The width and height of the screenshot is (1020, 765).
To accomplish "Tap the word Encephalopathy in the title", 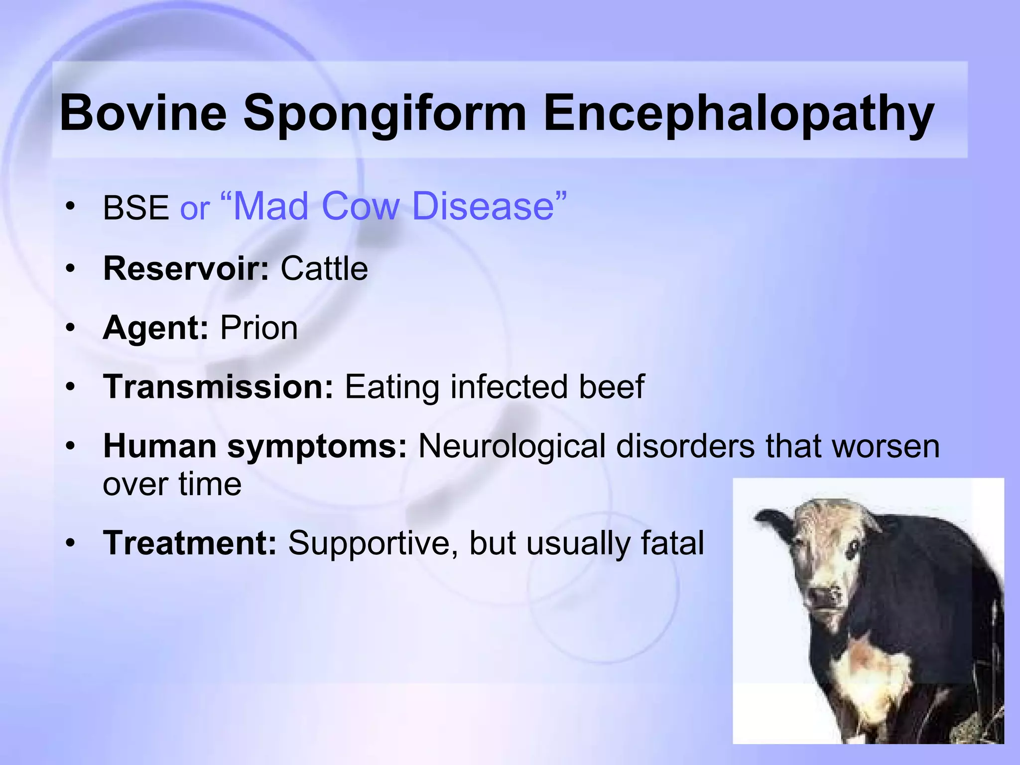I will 739,113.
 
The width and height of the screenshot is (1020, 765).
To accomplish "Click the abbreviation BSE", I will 135,208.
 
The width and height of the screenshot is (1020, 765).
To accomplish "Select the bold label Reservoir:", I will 186,268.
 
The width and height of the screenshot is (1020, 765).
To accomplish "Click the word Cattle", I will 324,268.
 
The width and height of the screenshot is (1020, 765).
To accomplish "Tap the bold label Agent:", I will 155,328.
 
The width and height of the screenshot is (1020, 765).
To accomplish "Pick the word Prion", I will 259,328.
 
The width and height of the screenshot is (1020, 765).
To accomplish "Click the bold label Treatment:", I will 190,543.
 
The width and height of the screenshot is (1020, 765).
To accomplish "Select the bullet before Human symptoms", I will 71,446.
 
